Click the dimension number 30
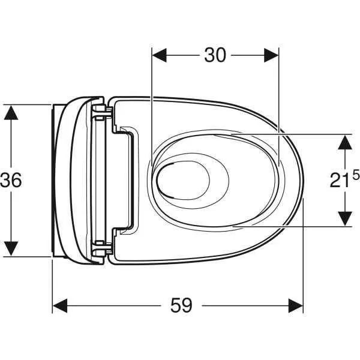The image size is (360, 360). point(215,55)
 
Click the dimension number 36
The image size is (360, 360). point(11,180)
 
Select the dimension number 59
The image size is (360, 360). point(181,305)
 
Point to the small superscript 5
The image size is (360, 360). point(356,176)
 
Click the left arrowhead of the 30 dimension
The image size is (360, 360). point(160,55)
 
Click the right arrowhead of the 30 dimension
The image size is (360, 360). point(271,55)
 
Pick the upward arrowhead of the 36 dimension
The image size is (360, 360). point(11,112)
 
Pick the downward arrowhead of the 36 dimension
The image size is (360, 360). point(11,248)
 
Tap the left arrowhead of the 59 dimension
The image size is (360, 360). point(60,305)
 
